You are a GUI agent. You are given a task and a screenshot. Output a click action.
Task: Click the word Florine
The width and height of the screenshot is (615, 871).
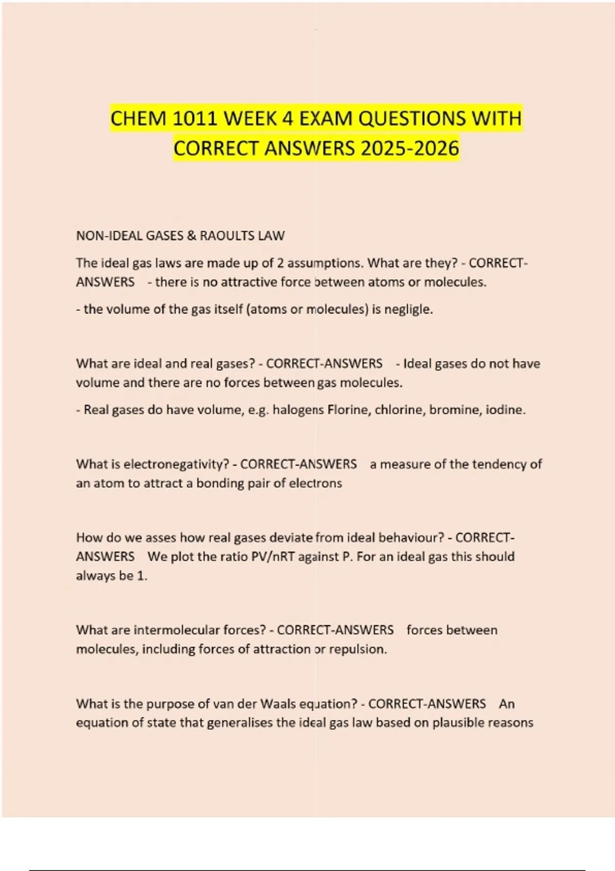pos(349,410)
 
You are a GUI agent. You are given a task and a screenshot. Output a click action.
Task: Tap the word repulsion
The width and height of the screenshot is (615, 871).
pos(358,649)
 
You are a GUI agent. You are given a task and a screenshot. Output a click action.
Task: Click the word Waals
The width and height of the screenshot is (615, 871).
pos(278,704)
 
